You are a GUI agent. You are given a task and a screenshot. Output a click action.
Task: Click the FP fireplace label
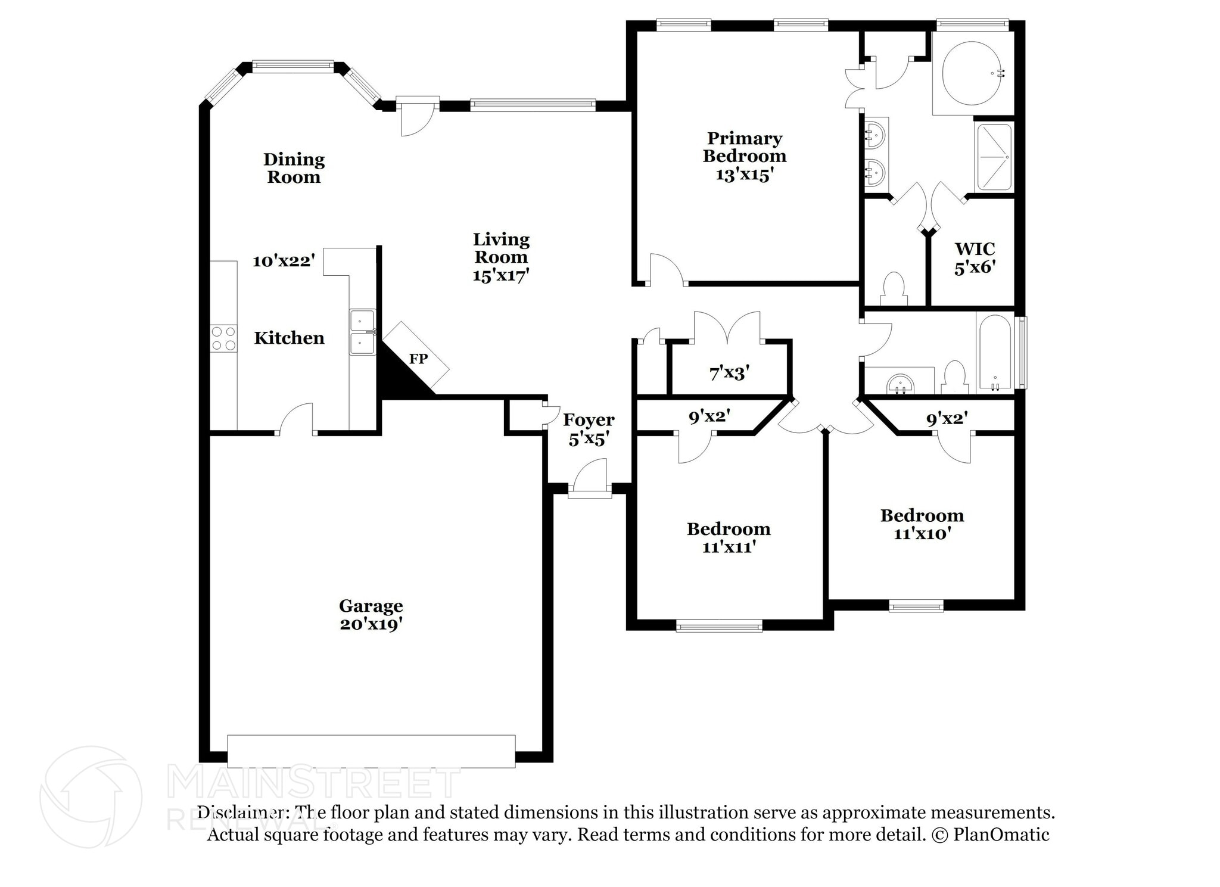coord(418,359)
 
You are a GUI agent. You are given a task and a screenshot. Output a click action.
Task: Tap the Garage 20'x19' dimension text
coord(371,624)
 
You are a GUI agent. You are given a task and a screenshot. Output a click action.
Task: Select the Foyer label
coord(589,420)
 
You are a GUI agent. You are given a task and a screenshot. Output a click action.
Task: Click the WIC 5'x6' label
coord(975,258)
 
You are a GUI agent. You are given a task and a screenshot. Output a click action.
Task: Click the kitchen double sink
coord(362,332)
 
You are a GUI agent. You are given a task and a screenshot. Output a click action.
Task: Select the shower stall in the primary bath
coord(994,157)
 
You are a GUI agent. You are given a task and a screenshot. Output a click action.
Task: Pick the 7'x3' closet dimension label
coord(729,374)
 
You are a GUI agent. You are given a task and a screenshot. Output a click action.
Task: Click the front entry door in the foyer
coord(590,477)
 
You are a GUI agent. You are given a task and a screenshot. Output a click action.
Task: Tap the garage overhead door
coord(371,751)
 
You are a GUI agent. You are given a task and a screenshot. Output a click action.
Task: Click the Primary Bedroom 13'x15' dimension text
coord(745,175)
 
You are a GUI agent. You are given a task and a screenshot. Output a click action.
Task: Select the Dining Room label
coord(294,168)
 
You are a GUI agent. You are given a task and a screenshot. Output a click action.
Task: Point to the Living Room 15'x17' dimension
coord(501,275)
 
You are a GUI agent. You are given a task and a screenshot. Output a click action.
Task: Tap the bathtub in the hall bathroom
coord(994,352)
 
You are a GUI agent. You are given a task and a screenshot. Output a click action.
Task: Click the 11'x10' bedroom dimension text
coord(922,533)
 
